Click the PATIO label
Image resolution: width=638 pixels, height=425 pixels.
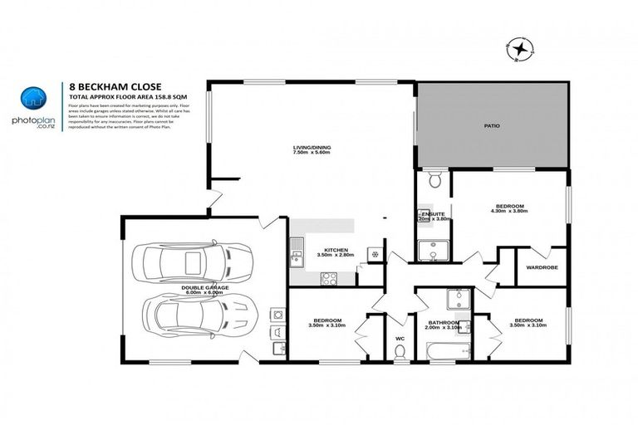(492, 125)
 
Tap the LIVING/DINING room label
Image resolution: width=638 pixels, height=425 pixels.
(312, 149)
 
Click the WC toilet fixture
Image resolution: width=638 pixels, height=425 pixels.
(400, 352)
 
